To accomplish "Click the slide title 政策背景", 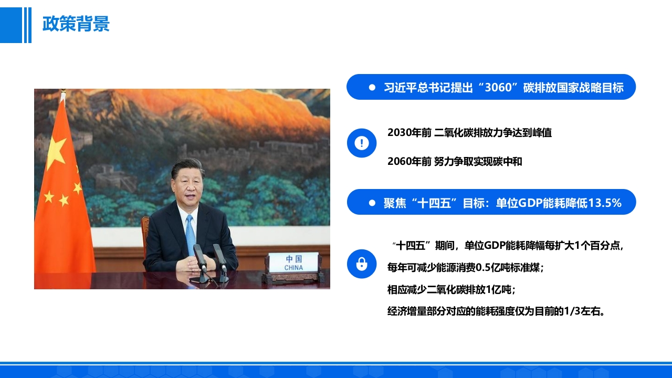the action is click(x=76, y=24).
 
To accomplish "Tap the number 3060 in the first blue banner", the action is click(x=498, y=87).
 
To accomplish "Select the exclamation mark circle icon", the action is click(x=362, y=143).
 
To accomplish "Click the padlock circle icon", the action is click(x=362, y=264).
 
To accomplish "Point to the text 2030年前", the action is click(x=409, y=133).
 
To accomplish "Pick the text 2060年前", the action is click(x=409, y=161).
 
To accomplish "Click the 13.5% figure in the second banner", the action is click(x=604, y=203).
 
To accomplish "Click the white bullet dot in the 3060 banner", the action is click(x=372, y=87).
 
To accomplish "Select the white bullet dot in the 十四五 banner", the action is click(x=372, y=203).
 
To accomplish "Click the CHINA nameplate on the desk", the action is click(x=293, y=262).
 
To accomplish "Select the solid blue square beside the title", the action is click(x=11, y=25).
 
